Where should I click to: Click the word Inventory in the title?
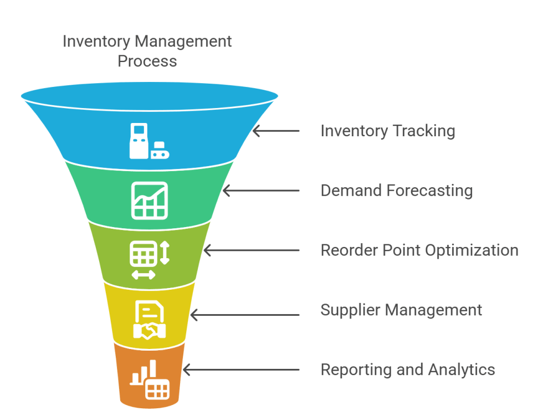96,42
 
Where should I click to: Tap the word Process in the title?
147,61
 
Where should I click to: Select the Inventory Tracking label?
388,131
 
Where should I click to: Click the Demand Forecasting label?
397,191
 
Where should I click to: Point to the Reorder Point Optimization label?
419,250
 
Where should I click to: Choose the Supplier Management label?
401,310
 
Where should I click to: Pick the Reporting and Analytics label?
408,369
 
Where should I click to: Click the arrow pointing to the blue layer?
276,131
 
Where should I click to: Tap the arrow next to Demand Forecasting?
260,191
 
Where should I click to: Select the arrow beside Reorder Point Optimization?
251,250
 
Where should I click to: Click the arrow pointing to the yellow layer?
244,315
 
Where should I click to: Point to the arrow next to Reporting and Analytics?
240,369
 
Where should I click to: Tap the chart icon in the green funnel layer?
150,199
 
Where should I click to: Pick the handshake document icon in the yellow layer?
150,320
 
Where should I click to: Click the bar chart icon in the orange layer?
150,381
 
